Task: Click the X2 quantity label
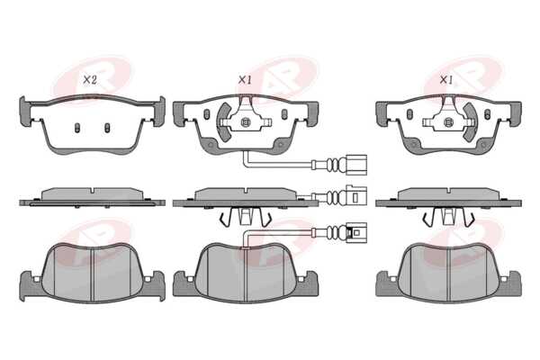pyautogui.click(x=89, y=80)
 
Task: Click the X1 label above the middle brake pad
pyautogui.click(x=245, y=80)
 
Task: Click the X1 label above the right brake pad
pyautogui.click(x=446, y=80)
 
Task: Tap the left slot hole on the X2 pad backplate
pyautogui.click(x=77, y=128)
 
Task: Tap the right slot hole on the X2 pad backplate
pyautogui.click(x=107, y=128)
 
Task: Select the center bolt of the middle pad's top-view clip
pyautogui.click(x=245, y=121)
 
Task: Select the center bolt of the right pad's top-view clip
pyautogui.click(x=447, y=121)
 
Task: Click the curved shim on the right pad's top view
pyautogui.click(x=471, y=122)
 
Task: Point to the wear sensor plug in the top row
pyautogui.click(x=355, y=165)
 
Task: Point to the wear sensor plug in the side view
pyautogui.click(x=356, y=196)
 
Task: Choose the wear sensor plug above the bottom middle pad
pyautogui.click(x=356, y=232)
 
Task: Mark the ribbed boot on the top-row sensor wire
pyautogui.click(x=332, y=165)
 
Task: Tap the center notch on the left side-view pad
pyautogui.click(x=93, y=190)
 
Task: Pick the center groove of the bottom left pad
pyautogui.click(x=93, y=274)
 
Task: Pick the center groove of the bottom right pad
pyautogui.click(x=449, y=274)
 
